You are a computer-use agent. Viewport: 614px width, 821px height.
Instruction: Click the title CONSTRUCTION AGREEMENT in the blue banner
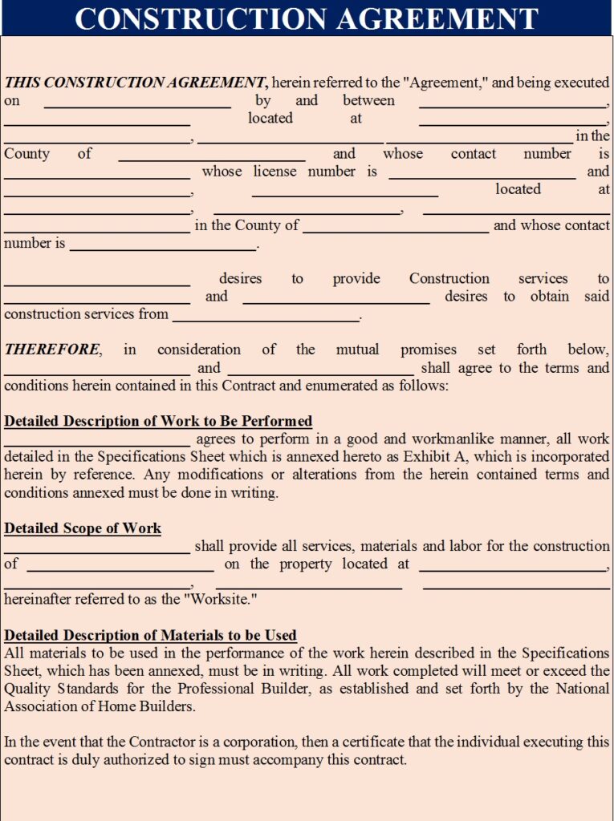click(x=307, y=18)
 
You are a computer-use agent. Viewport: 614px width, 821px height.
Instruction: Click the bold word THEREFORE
click(x=52, y=350)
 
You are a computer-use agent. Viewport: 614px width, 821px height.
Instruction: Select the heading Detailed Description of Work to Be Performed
click(x=158, y=421)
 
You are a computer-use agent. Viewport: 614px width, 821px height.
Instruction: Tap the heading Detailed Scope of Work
click(x=83, y=528)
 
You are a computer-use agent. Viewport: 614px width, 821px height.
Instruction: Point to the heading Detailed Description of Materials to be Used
click(x=150, y=635)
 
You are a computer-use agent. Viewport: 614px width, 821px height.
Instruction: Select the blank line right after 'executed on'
click(x=136, y=104)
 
